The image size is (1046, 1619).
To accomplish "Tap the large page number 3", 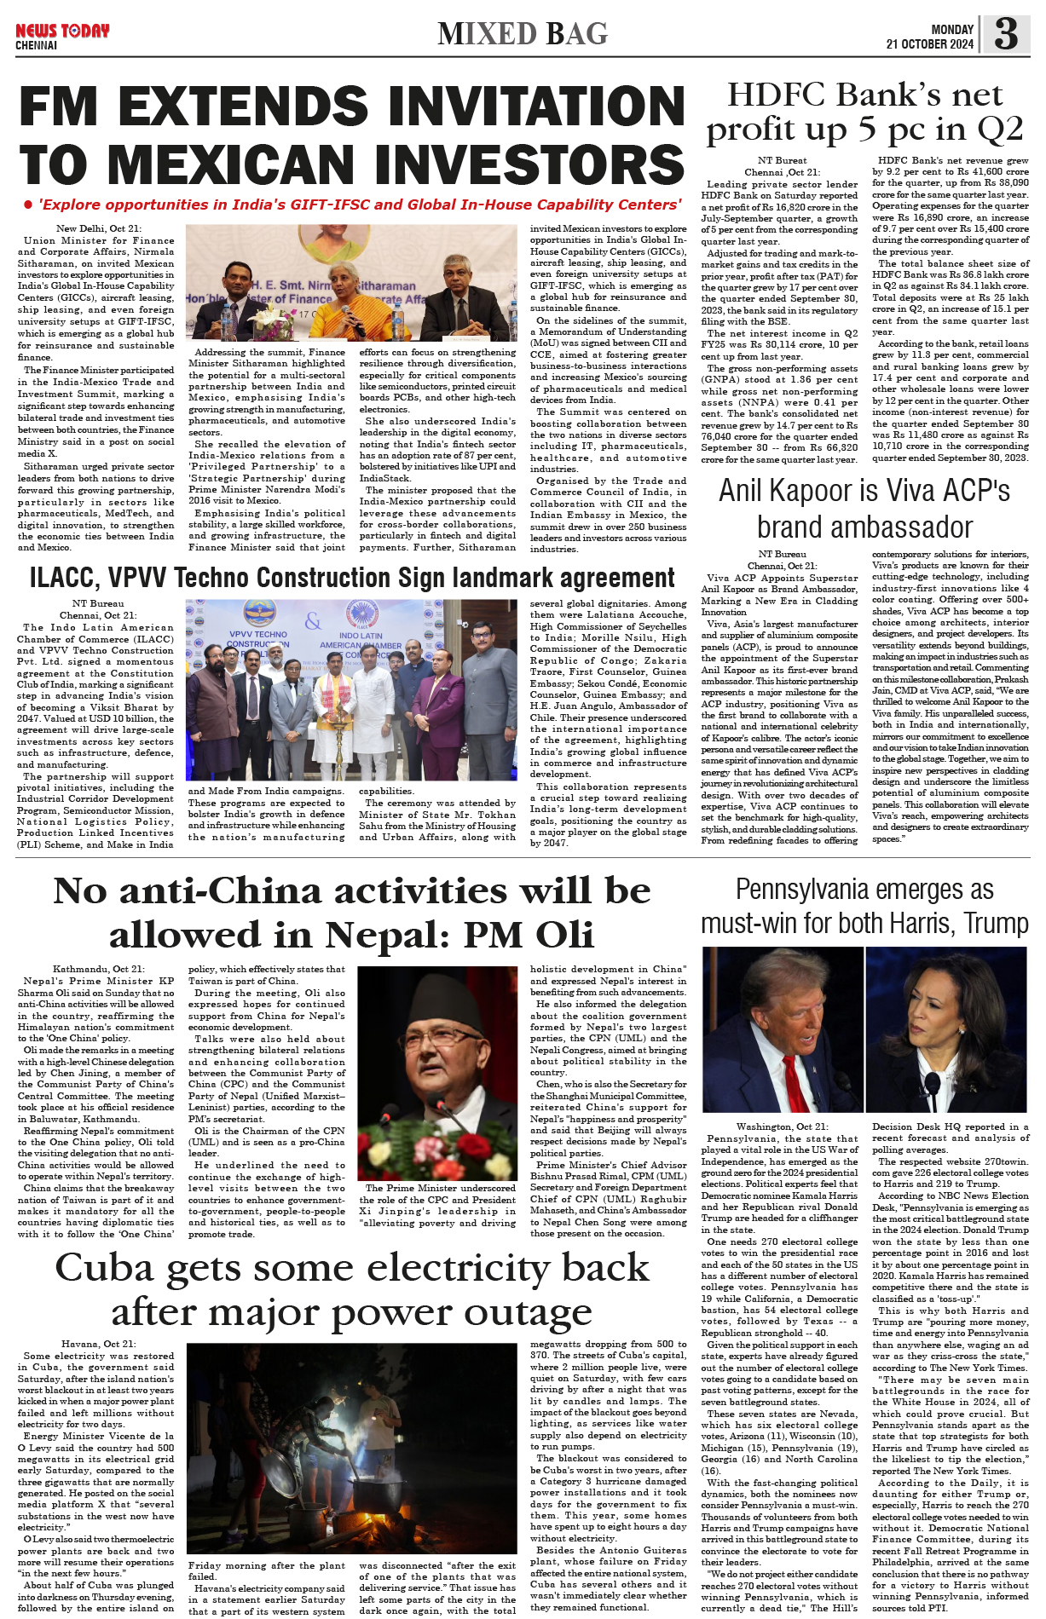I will tap(1006, 34).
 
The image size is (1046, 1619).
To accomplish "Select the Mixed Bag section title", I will tap(523, 34).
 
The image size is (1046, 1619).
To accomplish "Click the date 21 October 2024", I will tap(929, 44).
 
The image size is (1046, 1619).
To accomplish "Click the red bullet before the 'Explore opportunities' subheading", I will tap(28, 205).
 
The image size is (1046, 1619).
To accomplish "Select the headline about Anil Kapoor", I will tap(864, 509).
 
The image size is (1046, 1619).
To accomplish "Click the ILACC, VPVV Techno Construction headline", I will tap(352, 578).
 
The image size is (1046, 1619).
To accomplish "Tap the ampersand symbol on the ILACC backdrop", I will tap(314, 621).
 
